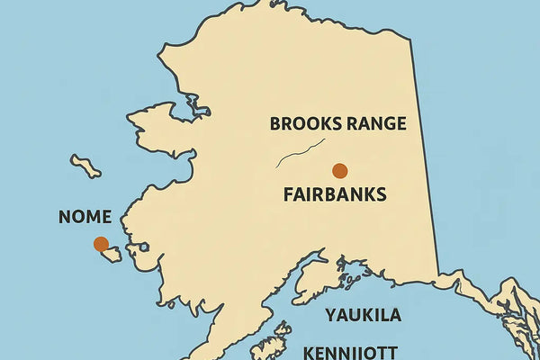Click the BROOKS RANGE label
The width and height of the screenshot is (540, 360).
point(337,124)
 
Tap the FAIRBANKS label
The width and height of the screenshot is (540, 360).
point(334,194)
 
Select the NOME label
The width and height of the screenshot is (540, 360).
point(85,217)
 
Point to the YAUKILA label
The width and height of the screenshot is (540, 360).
point(363,315)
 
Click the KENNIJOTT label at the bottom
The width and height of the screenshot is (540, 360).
point(352,351)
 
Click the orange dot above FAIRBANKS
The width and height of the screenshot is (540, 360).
point(339,170)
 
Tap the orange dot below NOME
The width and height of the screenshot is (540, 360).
point(101,244)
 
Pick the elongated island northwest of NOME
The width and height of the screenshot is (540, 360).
point(85,166)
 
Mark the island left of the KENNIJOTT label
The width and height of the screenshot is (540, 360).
point(269,346)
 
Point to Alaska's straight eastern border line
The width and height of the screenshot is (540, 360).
point(425,153)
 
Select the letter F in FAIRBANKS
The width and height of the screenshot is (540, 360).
point(288,194)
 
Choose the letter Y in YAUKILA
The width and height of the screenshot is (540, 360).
point(330,315)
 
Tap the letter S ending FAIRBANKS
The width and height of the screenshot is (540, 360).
point(381,194)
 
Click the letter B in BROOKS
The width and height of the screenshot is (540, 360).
point(275,124)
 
